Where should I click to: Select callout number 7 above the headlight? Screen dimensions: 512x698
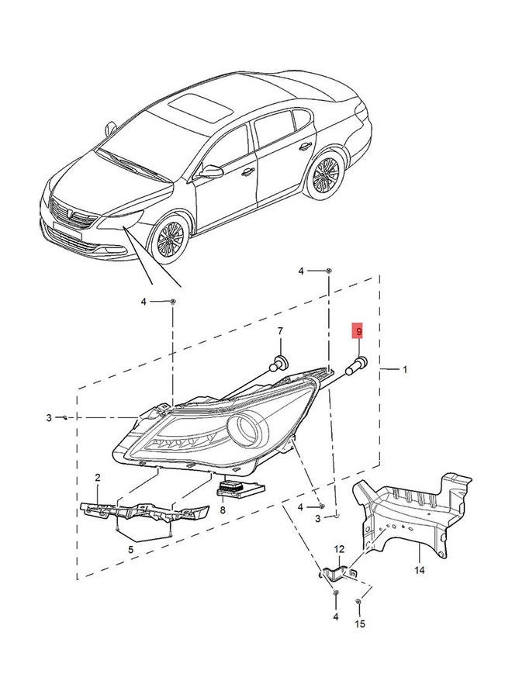(280, 331)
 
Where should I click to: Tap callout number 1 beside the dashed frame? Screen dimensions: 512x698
(405, 369)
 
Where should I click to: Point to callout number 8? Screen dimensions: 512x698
(223, 510)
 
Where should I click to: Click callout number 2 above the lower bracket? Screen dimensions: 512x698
(98, 478)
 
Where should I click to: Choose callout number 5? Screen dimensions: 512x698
(130, 550)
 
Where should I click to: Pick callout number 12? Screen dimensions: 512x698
(339, 549)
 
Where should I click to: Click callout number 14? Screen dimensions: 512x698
(420, 570)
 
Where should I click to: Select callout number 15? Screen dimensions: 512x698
(360, 624)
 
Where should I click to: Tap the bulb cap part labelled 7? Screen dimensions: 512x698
(278, 363)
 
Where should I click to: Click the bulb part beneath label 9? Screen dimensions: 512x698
(357, 365)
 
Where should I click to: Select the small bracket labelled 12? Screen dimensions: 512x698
(337, 574)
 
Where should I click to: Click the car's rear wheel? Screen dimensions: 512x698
(327, 174)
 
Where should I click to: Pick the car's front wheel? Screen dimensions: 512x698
(170, 239)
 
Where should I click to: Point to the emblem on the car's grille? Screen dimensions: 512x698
(71, 214)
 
